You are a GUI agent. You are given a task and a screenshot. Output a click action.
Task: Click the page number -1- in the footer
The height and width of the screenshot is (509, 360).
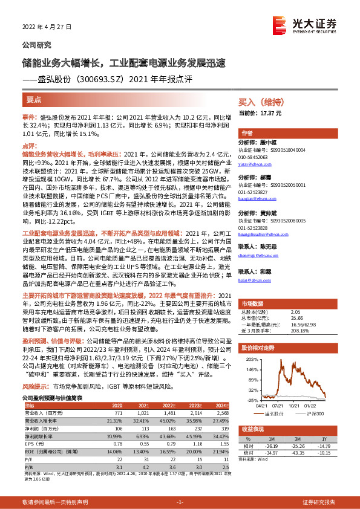click(180, 502)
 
